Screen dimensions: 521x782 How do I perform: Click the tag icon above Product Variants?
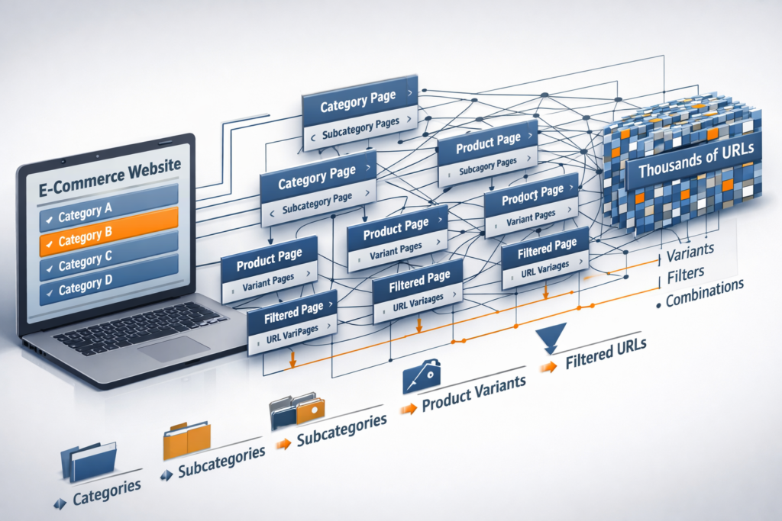click(422, 376)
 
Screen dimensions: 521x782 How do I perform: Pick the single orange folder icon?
click(186, 440)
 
